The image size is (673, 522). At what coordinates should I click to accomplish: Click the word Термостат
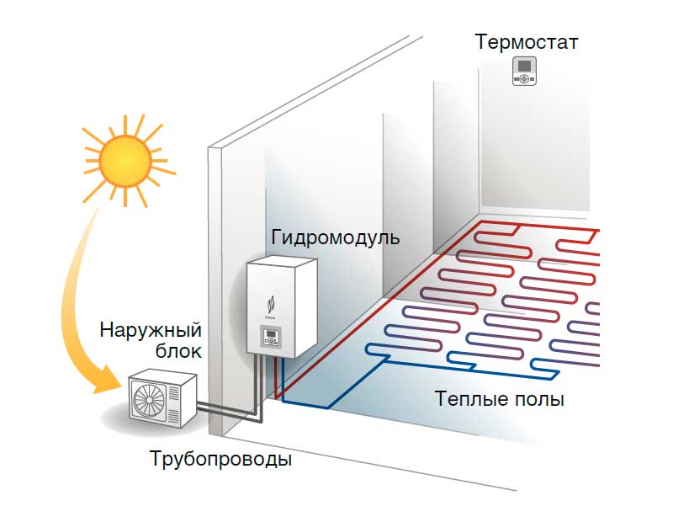click(527, 41)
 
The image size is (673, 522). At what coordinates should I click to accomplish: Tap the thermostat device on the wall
click(525, 72)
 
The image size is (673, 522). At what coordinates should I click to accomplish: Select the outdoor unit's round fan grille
click(146, 397)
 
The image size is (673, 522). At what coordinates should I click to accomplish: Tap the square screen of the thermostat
click(525, 66)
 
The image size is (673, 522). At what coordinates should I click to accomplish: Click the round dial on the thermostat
click(525, 79)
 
